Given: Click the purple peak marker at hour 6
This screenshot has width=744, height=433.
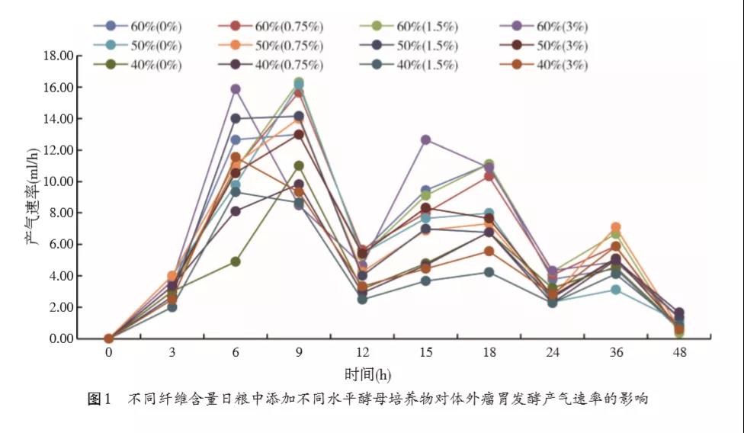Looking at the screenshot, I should (236, 89).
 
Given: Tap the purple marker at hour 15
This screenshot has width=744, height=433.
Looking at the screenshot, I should (426, 140).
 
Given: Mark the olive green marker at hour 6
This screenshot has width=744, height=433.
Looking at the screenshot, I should (236, 261).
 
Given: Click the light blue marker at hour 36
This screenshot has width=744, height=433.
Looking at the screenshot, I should (615, 290).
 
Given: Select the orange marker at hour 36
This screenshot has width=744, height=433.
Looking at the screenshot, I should (615, 227).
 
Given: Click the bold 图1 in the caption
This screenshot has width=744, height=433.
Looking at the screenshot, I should (101, 399).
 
